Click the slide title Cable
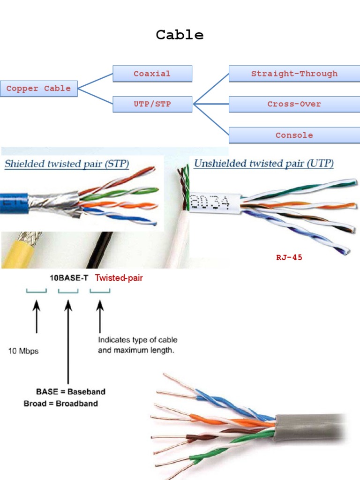[180, 35]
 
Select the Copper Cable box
[38, 89]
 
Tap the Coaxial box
[152, 74]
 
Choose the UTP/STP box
[152, 104]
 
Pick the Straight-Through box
[294, 74]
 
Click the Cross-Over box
[294, 104]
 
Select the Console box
[294, 135]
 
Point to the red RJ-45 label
[289, 257]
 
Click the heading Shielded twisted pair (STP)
[67, 164]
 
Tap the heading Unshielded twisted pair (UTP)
[264, 164]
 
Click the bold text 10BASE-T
[69, 278]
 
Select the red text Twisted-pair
[119, 278]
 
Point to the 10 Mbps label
[23, 351]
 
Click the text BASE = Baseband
[71, 391]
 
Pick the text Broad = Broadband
[61, 403]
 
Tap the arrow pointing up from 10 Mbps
[37, 319]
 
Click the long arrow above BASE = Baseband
[68, 342]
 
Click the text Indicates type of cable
[137, 340]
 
